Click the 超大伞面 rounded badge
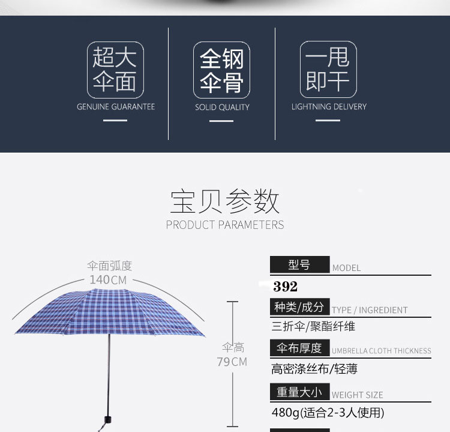tap(115, 69)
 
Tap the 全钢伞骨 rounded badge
tap(221, 70)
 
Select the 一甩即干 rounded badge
tap(328, 69)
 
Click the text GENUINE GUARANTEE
tap(116, 107)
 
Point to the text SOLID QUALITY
tap(222, 108)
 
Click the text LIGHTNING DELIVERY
tap(329, 107)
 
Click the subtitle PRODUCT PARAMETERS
tap(225, 225)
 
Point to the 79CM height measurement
tap(232, 362)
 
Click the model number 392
tap(285, 287)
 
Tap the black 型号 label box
tap(299, 265)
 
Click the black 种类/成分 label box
tap(299, 307)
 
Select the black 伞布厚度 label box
tap(299, 348)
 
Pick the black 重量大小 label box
tap(299, 392)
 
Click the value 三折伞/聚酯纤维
tap(313, 327)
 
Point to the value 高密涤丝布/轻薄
tap(314, 369)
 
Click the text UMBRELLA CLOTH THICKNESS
tap(382, 351)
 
